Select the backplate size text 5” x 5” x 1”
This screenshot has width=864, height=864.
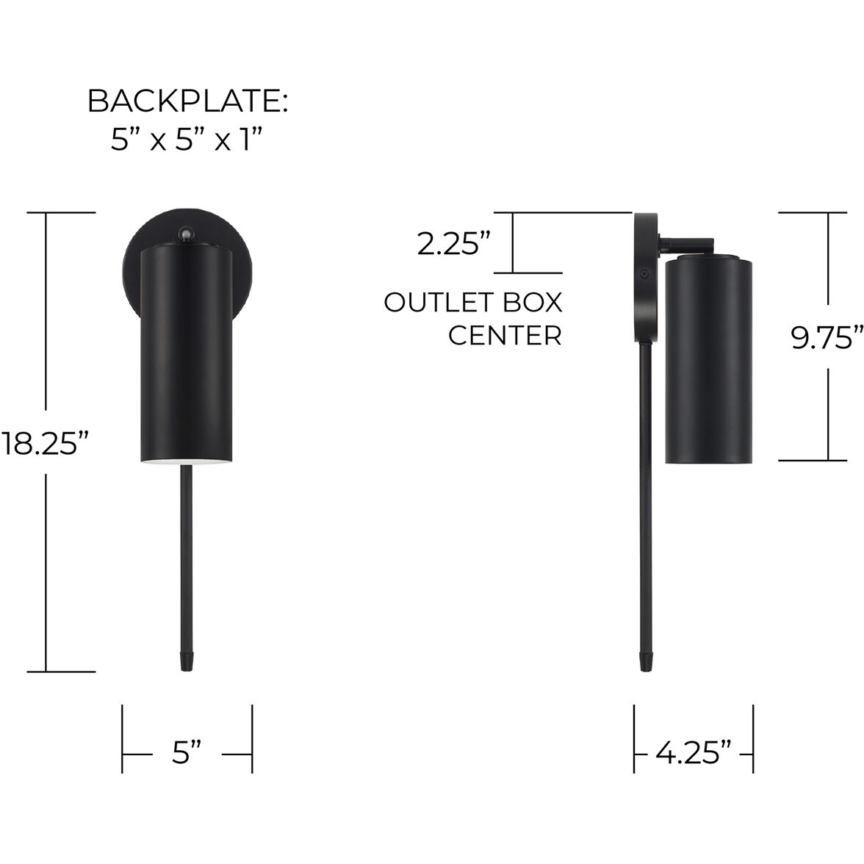187,139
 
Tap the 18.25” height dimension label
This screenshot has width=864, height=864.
46,444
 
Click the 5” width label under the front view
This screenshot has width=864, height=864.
187,754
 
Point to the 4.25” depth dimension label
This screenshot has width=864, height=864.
694,754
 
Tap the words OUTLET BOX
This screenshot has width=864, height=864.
473,303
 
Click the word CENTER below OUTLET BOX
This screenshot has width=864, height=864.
505,336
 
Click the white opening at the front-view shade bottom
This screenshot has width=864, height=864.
187,462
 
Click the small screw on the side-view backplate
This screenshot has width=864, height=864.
644,273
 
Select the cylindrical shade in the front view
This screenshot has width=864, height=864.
187,353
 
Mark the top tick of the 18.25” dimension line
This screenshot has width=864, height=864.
71,212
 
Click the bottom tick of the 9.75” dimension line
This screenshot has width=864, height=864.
813,461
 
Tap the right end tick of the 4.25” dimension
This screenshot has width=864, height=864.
753,739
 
